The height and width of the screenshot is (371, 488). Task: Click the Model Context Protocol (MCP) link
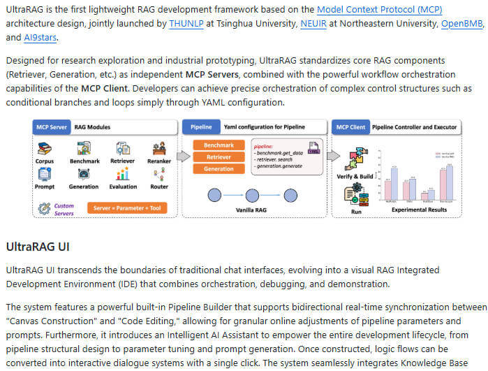(x=380, y=10)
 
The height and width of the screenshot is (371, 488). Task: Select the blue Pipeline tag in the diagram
(x=201, y=127)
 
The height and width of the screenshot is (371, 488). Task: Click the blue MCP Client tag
(x=350, y=127)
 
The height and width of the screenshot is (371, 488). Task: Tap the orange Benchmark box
(x=219, y=145)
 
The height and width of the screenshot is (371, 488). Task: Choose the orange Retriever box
(x=219, y=157)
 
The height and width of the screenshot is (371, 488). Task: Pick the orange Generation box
(x=219, y=168)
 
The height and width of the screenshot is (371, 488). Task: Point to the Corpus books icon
(x=45, y=149)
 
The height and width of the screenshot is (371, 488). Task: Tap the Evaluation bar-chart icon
(x=123, y=174)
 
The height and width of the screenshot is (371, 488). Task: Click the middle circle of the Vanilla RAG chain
(x=253, y=195)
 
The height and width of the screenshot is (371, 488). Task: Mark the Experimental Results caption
(x=419, y=208)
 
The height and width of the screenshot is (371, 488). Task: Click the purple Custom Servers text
(x=64, y=209)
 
